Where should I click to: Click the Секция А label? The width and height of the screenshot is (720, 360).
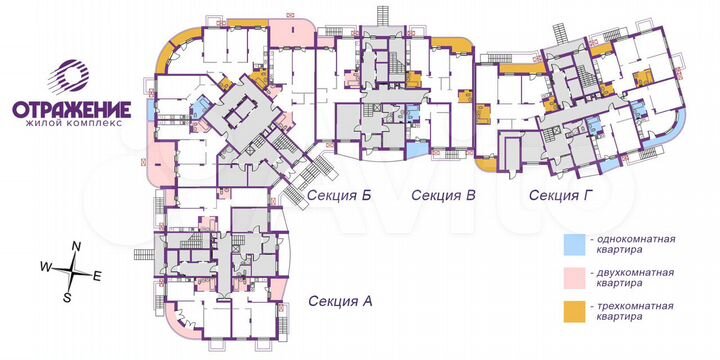340,300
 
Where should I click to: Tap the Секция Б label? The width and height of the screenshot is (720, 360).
340,195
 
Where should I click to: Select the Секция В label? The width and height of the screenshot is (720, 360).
443,195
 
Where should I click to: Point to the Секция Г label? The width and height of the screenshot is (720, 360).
562,195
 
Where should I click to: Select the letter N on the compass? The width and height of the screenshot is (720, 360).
76,247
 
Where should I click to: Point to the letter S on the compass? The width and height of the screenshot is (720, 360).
67,297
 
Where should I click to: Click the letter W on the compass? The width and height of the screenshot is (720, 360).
45,267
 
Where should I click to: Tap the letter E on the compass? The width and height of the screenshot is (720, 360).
97,275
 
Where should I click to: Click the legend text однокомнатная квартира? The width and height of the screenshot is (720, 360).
633,246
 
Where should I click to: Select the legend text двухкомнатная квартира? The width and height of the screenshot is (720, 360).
633,277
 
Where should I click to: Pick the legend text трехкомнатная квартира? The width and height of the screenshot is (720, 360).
633,311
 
